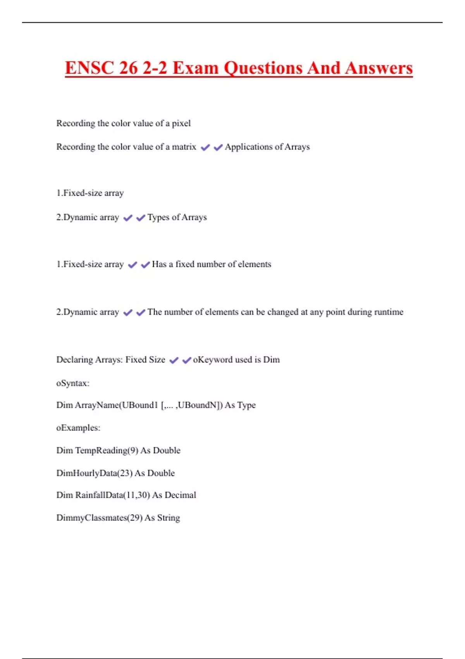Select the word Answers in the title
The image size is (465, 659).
click(x=379, y=68)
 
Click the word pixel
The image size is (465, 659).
click(x=181, y=123)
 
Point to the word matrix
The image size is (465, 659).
click(x=184, y=147)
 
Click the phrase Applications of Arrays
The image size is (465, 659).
click(x=267, y=147)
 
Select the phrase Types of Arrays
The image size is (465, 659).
click(x=177, y=217)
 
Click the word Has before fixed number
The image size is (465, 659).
click(x=159, y=264)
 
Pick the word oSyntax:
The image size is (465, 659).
click(x=73, y=383)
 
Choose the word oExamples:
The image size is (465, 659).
click(x=78, y=428)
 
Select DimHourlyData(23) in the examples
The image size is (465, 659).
click(x=94, y=473)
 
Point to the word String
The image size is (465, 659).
click(x=169, y=518)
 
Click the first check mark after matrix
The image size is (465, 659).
click(x=205, y=147)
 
